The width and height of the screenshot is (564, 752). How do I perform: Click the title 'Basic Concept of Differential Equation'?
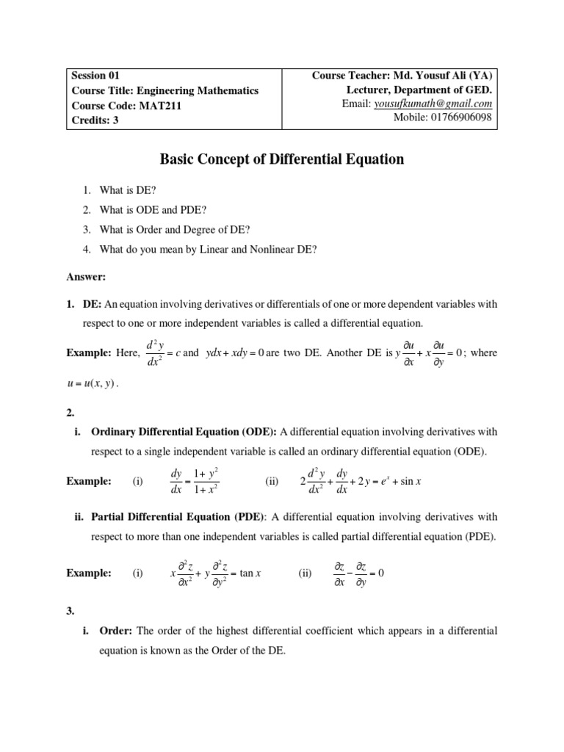coord(282,159)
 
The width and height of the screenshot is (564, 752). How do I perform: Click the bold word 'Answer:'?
coord(87,277)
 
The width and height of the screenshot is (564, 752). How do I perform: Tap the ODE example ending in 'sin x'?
coord(364,481)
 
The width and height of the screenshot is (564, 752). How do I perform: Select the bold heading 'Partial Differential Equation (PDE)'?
coord(177,516)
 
